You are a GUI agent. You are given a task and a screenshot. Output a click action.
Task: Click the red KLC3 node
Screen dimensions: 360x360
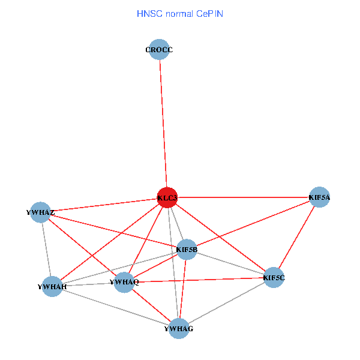coord(167,197)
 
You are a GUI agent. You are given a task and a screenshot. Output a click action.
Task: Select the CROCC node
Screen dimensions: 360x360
coord(159,49)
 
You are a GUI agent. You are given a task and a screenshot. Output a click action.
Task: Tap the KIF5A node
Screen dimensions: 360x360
coord(319,197)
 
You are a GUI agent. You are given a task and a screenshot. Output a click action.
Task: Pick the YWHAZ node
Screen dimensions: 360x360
coord(40,212)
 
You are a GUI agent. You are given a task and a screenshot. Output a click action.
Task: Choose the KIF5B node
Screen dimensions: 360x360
coord(187,250)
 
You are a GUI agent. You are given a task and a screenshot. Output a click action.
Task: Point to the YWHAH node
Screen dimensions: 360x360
coord(52,287)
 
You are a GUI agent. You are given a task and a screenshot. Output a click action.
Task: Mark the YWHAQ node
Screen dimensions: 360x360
coord(124,282)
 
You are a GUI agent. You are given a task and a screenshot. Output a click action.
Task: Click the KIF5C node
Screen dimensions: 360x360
coord(274,278)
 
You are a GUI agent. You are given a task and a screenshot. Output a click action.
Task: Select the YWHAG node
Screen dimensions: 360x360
coord(179,329)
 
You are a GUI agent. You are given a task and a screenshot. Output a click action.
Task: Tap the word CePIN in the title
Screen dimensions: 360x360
coord(209,14)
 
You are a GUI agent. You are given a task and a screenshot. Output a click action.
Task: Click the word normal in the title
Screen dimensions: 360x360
coord(179,14)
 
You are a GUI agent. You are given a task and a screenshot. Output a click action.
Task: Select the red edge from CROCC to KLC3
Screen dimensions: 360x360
coord(163,124)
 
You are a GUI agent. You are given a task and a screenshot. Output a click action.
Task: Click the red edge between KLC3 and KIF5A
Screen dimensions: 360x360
coord(244,197)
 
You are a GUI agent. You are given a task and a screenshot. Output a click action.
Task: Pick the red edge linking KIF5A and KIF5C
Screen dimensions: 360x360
coord(296,237)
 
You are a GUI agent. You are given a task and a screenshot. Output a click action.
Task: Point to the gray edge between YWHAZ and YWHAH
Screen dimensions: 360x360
coord(46,250)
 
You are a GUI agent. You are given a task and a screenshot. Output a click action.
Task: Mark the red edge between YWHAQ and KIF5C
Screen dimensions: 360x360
coord(199,280)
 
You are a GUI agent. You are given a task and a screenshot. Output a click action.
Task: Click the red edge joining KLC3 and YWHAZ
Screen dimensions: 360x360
coord(104,205)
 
